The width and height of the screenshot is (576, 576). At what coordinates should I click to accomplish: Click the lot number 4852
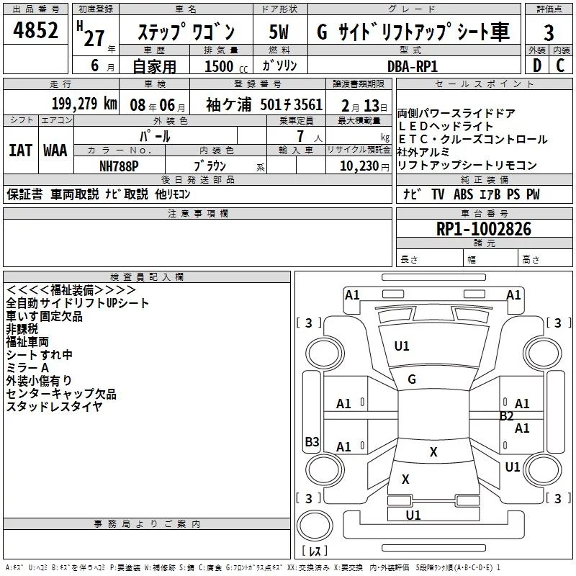tap(36, 32)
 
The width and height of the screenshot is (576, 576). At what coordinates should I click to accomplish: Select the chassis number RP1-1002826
tap(484, 229)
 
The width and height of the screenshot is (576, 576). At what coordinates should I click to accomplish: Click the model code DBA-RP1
tap(413, 65)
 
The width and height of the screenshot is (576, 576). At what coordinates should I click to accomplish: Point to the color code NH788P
tap(119, 165)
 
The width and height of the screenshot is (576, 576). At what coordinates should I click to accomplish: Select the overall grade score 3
tap(549, 33)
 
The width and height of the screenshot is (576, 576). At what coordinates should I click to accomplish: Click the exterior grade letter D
tap(536, 66)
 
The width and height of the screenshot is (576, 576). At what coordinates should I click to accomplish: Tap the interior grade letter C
tap(560, 66)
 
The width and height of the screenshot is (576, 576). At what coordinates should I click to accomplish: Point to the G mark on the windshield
tap(412, 379)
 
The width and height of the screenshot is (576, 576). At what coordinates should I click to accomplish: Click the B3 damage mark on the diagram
tap(312, 442)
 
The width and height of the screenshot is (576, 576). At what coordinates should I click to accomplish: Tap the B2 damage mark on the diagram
tap(507, 415)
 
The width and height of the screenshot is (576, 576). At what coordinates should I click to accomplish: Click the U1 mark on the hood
tap(402, 346)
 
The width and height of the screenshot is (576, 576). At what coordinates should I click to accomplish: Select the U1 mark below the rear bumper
tap(413, 515)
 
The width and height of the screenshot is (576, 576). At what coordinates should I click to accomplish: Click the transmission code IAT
tap(19, 150)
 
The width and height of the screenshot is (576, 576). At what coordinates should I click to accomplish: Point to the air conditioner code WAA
tap(55, 150)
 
